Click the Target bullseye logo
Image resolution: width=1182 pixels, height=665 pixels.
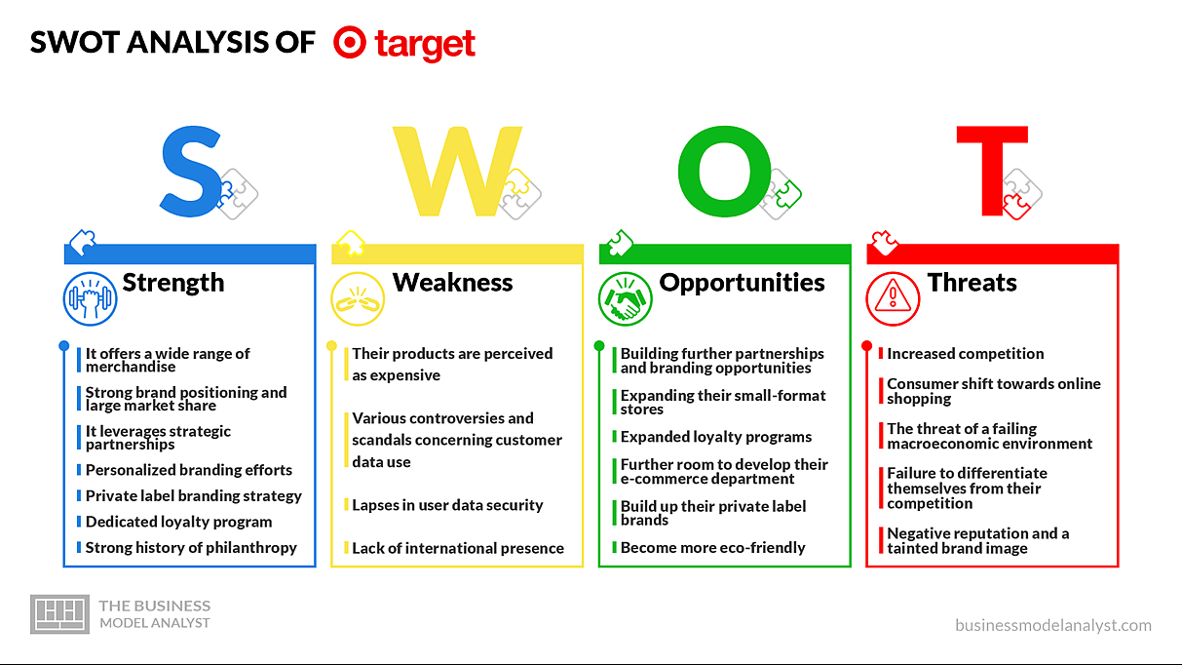(x=349, y=42)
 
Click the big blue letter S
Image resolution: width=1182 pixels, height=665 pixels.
(x=190, y=172)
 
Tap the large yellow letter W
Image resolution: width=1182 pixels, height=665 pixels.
(x=457, y=172)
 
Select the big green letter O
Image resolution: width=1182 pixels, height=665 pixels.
(x=725, y=172)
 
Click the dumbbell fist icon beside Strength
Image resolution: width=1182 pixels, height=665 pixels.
(x=91, y=299)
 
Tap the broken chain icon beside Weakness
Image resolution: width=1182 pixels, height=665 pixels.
(x=358, y=299)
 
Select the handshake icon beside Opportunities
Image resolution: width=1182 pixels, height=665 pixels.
(x=626, y=299)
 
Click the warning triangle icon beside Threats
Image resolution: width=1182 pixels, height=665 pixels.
(x=893, y=299)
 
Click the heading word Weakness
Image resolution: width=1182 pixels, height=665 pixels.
(x=452, y=282)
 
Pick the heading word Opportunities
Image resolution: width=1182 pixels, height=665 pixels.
(x=742, y=283)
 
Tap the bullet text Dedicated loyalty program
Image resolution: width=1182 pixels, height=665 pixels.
(x=179, y=522)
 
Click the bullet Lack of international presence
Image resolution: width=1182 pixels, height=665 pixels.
(x=458, y=548)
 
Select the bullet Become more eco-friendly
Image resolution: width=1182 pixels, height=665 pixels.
(x=713, y=548)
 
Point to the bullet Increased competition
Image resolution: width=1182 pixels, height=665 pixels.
(x=965, y=354)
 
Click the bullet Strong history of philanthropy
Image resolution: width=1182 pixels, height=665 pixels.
(x=191, y=548)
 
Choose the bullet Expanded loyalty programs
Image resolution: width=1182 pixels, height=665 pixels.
(x=716, y=437)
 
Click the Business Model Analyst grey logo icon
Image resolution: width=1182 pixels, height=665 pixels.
(x=59, y=613)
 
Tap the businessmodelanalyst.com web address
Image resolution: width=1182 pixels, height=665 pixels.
(x=1053, y=625)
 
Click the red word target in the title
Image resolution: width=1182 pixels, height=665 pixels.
(x=425, y=45)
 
